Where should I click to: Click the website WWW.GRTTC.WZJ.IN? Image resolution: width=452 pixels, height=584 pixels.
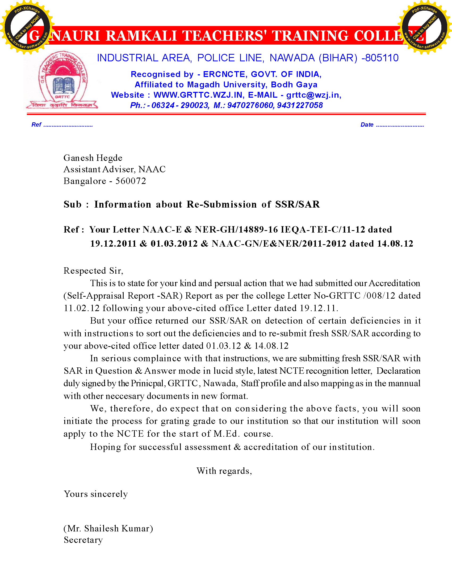[198, 95]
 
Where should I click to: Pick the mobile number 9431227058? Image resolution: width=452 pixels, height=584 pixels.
[300, 105]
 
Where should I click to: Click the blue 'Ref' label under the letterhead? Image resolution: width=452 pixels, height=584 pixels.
[36, 124]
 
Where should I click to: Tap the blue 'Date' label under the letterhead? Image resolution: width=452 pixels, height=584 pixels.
[367, 124]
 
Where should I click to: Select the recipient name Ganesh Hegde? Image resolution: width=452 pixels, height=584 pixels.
[93, 158]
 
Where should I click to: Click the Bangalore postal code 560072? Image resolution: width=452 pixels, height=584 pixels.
[131, 181]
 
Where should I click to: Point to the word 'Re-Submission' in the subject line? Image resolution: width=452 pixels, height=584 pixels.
[221, 204]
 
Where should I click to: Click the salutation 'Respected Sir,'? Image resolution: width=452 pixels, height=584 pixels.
[93, 270]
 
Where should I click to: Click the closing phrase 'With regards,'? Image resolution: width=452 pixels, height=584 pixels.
[224, 471]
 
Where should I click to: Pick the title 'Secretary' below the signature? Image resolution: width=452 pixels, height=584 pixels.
[83, 540]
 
